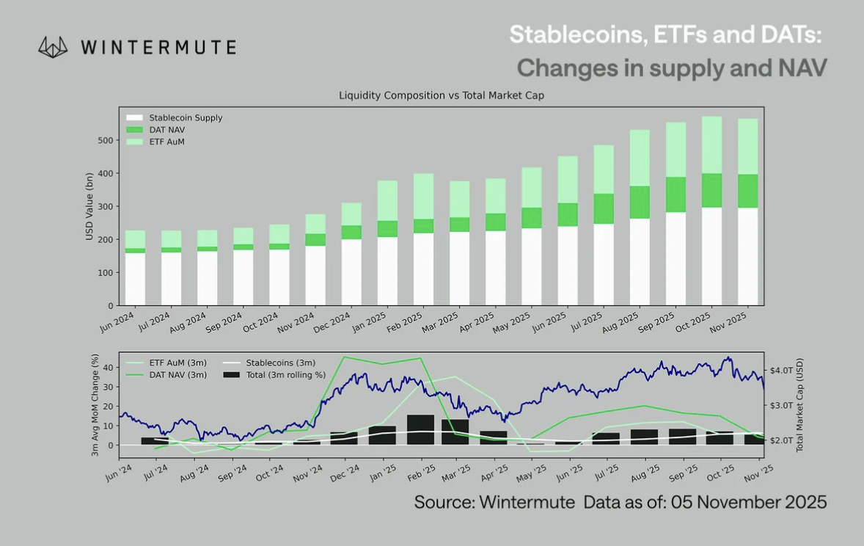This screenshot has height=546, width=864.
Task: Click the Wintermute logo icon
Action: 54,48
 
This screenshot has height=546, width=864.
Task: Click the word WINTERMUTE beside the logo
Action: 158,48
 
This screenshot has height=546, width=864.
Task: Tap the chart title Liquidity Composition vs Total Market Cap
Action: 441,95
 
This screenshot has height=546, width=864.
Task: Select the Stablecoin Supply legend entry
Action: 185,117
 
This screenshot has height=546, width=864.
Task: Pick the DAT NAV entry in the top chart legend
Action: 166,129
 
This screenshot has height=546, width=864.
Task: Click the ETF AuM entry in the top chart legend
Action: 166,141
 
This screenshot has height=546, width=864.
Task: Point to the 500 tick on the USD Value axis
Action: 107,140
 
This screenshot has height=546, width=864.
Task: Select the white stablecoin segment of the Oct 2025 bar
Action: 711,257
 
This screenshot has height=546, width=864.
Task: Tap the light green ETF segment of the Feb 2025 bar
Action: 424,196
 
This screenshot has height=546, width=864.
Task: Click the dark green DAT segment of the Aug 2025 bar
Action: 640,203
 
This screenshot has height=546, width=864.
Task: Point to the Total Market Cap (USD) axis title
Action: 799,404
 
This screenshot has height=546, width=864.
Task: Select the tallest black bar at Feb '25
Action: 420,429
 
